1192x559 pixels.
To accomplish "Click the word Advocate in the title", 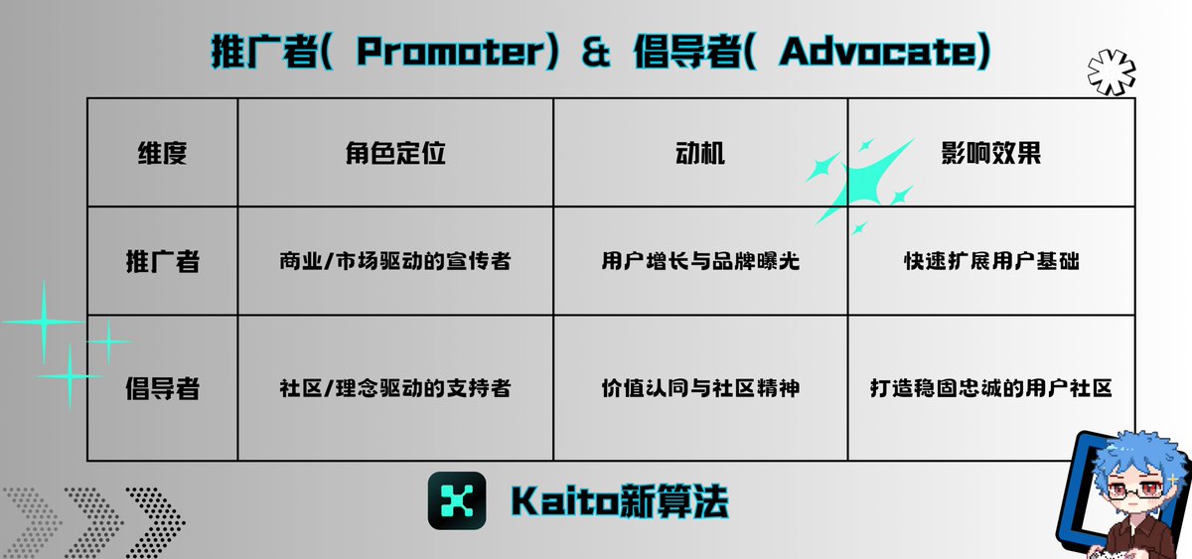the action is click(x=878, y=52).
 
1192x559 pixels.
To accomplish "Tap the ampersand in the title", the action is click(x=595, y=52).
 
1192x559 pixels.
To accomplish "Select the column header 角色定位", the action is click(x=395, y=153).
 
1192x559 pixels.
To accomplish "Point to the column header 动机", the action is click(x=699, y=153).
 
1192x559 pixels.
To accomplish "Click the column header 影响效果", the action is click(x=991, y=153).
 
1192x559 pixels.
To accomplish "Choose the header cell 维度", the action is click(x=162, y=153).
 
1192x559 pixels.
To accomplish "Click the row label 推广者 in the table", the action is click(x=162, y=262).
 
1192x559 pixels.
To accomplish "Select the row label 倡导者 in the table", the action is click(x=162, y=388).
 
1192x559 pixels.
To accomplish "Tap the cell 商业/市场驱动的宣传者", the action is click(x=395, y=261).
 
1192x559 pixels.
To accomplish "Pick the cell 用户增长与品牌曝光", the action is click(x=700, y=261).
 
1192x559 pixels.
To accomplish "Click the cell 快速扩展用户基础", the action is click(x=991, y=261).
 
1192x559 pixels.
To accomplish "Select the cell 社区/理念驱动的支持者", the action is click(x=395, y=388).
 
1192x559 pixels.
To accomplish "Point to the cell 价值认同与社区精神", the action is click(x=700, y=388).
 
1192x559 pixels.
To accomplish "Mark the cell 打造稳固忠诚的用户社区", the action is click(x=991, y=388).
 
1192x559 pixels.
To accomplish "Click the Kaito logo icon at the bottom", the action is click(x=457, y=500).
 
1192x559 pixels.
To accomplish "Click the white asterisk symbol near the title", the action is click(x=1112, y=72).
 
